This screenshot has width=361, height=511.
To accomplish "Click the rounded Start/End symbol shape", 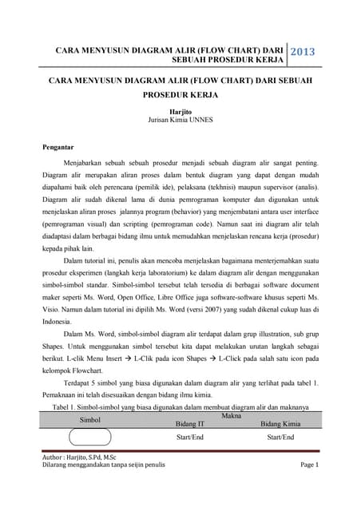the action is (x=89, y=438).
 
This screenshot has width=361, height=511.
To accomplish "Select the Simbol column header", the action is (x=90, y=418).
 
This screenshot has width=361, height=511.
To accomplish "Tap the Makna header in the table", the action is (x=232, y=415).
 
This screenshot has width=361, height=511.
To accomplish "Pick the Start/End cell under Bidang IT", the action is (x=190, y=438).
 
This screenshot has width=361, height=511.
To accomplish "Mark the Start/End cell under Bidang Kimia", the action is (x=280, y=438).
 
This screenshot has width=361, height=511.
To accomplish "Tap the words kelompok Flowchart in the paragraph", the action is (x=73, y=370).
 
